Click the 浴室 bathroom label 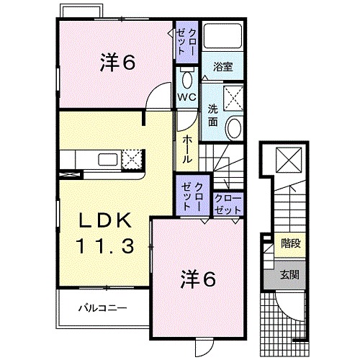[x=223, y=67]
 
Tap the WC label [x=186, y=97]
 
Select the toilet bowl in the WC [x=187, y=79]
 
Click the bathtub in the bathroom [x=222, y=36]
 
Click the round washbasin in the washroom [x=234, y=127]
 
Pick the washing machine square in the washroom [x=233, y=99]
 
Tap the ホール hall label [x=187, y=149]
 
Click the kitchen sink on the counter [x=108, y=160]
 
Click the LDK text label [x=105, y=220]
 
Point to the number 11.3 [x=105, y=246]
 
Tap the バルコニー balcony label [x=102, y=307]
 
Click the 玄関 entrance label [x=289, y=274]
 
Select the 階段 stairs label [x=291, y=243]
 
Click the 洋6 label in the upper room [x=117, y=63]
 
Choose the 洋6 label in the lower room [x=198, y=279]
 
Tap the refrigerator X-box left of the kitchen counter [x=69, y=174]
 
